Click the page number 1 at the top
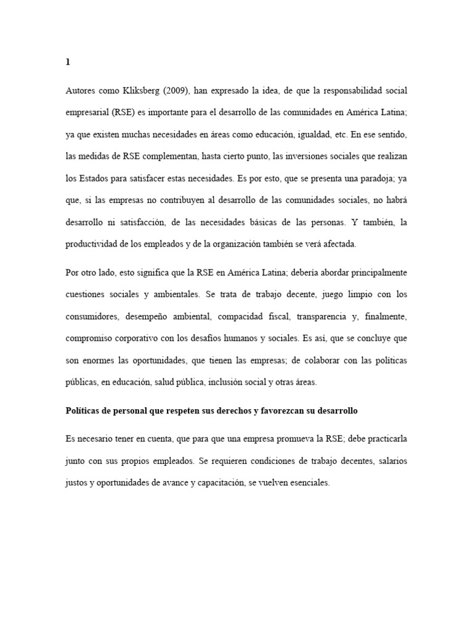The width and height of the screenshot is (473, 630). coord(68,62)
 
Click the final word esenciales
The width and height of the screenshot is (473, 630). coord(307,483)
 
